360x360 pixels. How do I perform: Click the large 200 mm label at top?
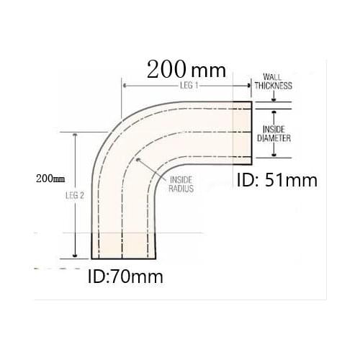pos(186,70)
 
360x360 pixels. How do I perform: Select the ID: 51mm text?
pos(277,180)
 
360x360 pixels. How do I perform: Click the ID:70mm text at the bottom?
pos(125,275)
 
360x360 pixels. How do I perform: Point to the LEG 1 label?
pos(187,86)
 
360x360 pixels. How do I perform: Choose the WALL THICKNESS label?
pos(276,80)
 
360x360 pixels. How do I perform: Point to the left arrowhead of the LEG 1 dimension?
pos(125,86)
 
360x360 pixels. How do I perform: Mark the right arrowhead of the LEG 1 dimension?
pos(249,86)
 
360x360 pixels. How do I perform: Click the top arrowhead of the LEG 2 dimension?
pos(75,135)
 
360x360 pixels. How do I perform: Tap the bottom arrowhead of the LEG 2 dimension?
pos(75,255)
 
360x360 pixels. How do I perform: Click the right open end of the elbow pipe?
pos(252,131)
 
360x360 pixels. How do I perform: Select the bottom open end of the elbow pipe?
pos(124,258)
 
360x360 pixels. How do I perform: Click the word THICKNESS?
pos(276,84)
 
